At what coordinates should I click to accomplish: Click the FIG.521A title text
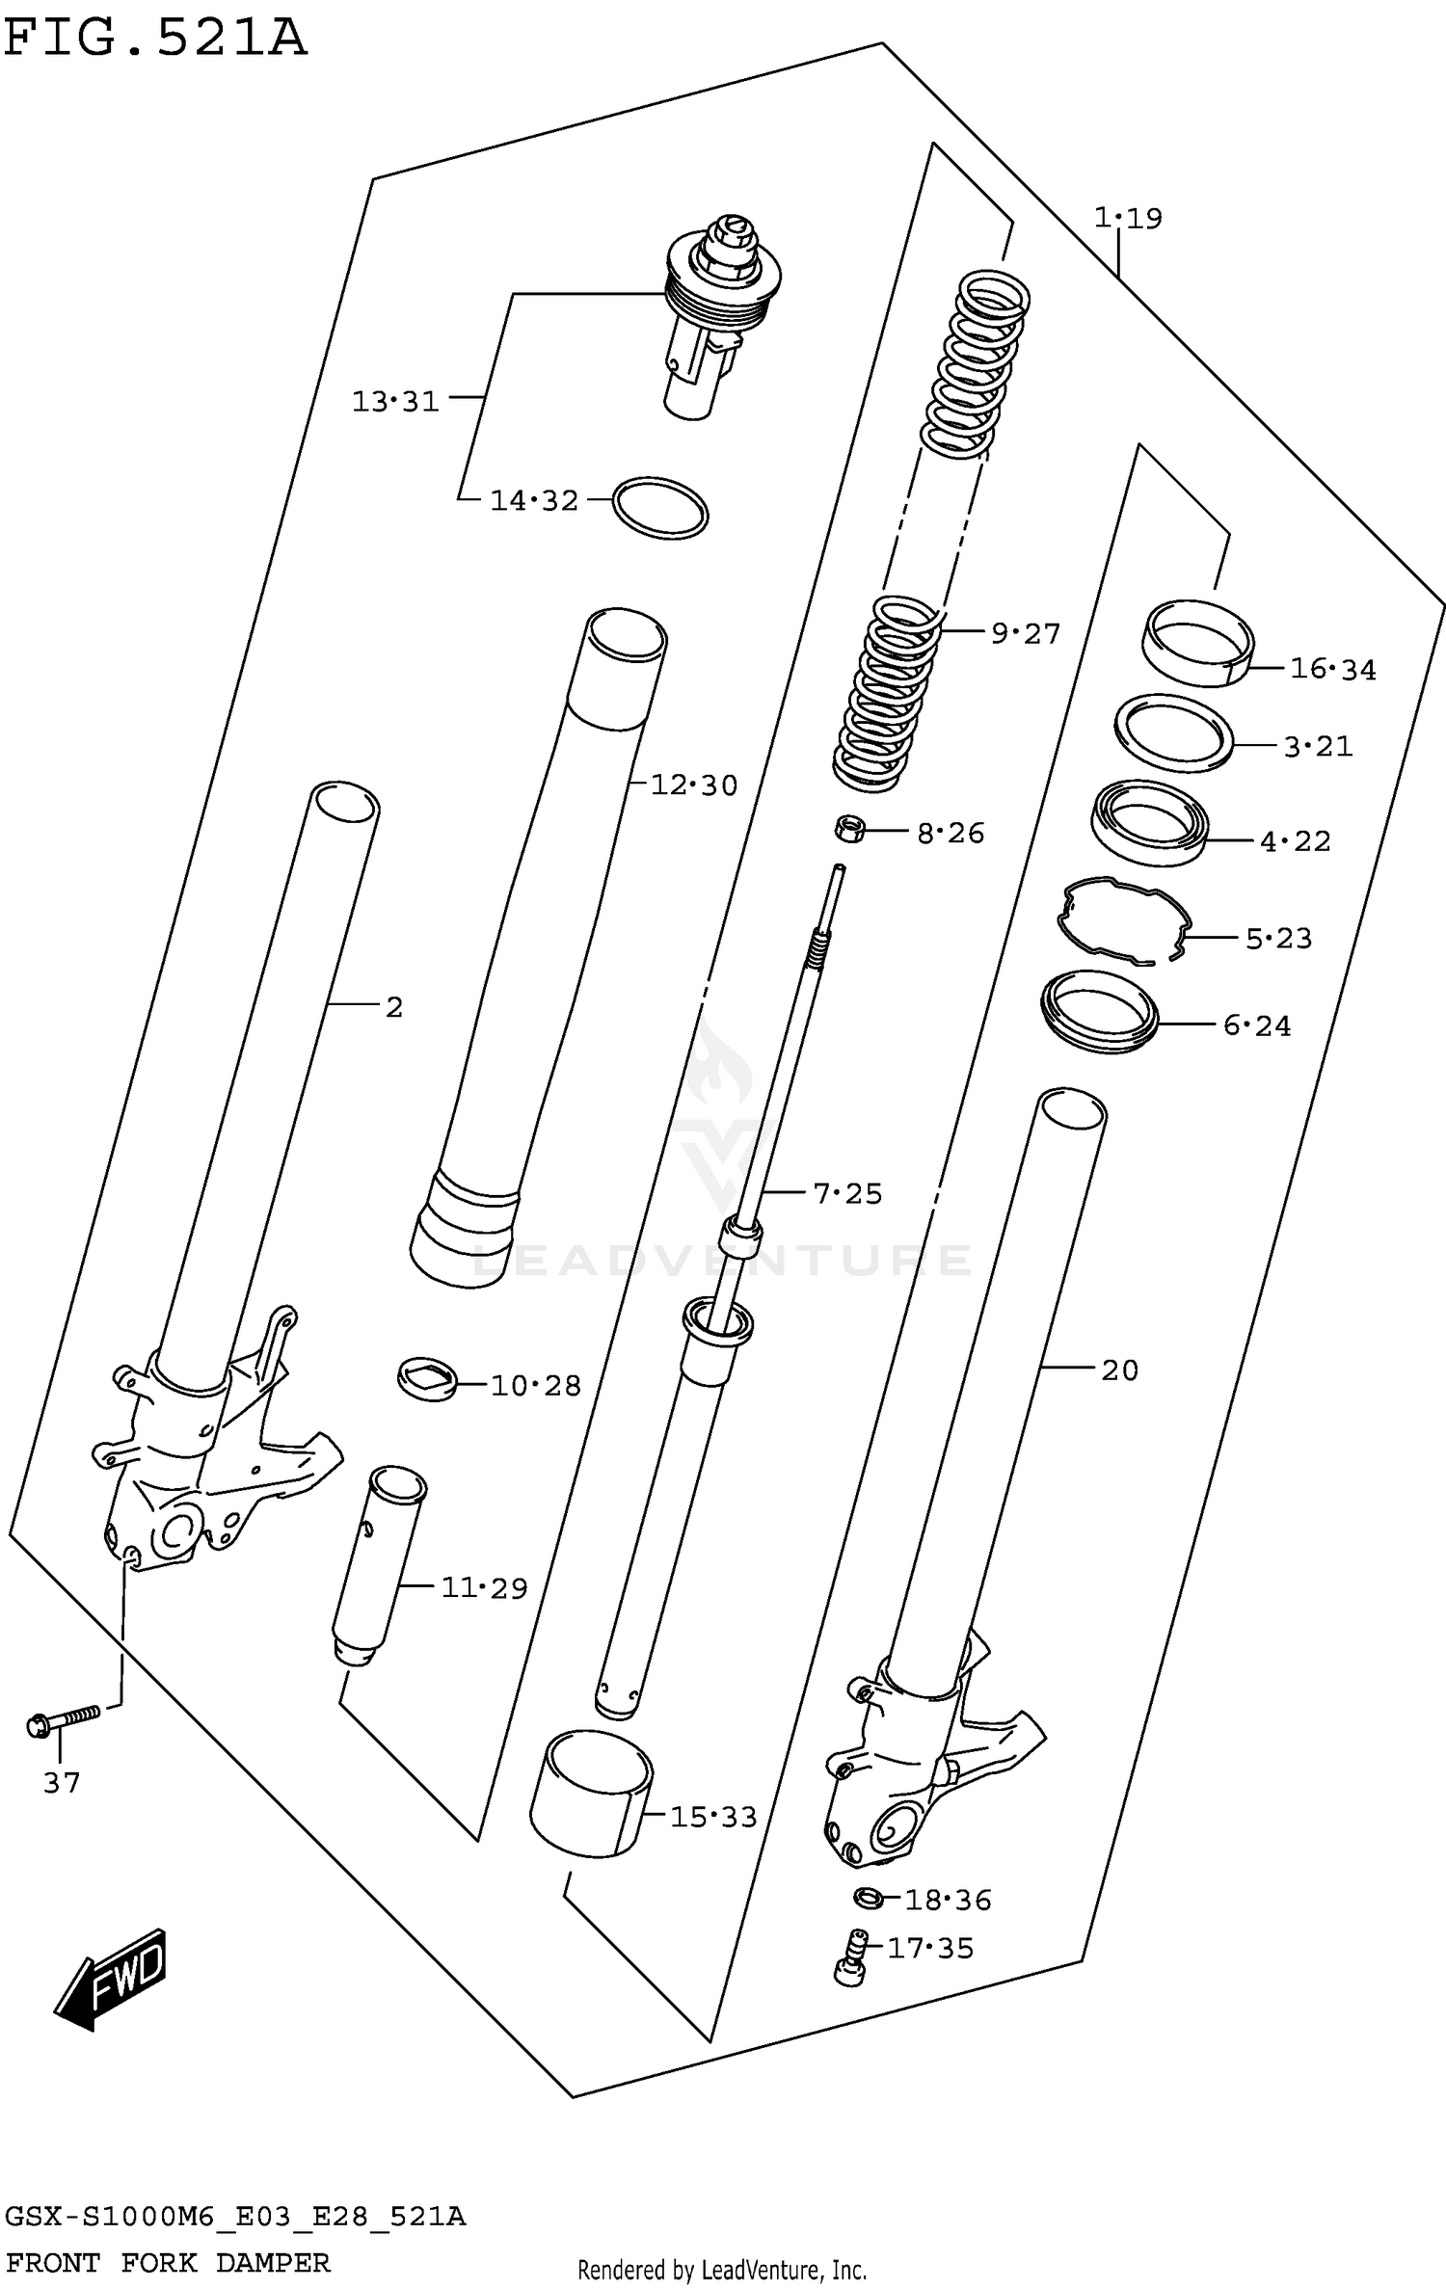coord(154,39)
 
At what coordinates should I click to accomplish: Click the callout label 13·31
coord(394,402)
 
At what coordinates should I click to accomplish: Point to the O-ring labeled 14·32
coord(660,507)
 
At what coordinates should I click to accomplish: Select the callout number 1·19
coord(1127,219)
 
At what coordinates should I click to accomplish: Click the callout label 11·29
coord(484,1587)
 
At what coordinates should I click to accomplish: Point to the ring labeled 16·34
coord(1196,643)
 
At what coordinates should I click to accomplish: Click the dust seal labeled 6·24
coord(1099,1011)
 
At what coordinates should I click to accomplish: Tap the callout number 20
coord(1119,1370)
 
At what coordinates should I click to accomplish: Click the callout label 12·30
coord(693,785)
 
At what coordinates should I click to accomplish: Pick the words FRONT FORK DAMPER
coord(168,2262)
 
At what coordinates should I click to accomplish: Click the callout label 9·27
coord(1025,634)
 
